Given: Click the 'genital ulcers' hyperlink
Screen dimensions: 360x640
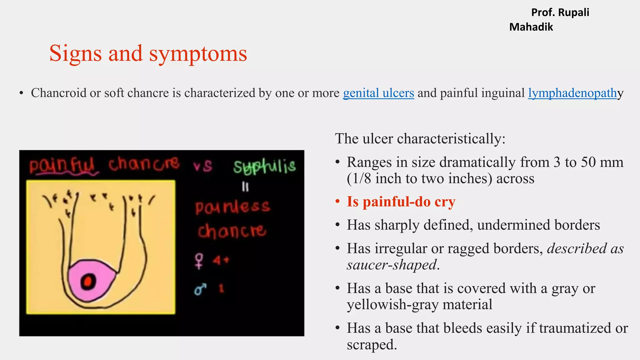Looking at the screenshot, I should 378,93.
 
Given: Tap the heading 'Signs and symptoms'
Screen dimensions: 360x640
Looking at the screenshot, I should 148,53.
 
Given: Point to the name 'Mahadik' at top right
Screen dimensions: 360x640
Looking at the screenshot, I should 531,27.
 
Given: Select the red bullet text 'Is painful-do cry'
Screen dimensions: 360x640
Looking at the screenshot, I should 401,202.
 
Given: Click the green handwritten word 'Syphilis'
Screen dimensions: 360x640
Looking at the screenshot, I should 265,167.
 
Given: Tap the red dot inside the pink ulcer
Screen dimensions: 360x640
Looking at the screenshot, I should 88,282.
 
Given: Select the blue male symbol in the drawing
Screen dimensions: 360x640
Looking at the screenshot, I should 200,289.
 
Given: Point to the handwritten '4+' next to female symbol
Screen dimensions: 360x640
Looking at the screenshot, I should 221,260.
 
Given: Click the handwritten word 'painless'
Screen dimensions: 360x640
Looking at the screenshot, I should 232,207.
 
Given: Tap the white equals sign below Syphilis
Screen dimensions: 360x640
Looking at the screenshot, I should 245,187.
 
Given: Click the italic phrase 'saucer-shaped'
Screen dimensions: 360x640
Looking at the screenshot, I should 392,265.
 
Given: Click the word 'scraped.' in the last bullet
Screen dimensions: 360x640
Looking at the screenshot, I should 372,344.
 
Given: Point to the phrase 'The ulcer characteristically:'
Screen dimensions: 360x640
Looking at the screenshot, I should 420,138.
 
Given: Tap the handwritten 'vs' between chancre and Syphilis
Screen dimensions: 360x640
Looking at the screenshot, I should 203,166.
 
